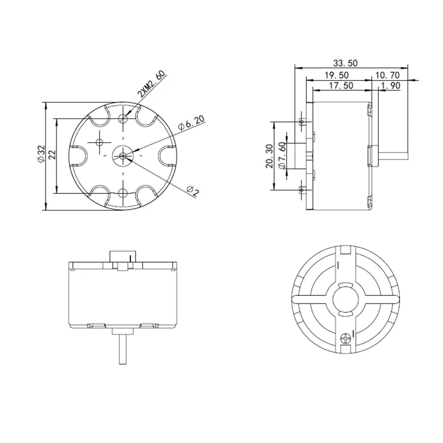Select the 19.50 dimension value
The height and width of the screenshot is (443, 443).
(337, 75)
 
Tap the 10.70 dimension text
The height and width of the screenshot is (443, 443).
(388, 75)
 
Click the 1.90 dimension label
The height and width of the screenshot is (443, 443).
(390, 86)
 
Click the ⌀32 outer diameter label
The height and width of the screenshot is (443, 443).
(41, 156)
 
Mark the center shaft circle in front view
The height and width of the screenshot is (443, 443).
(123, 155)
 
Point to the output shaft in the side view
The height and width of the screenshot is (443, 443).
(392, 155)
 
